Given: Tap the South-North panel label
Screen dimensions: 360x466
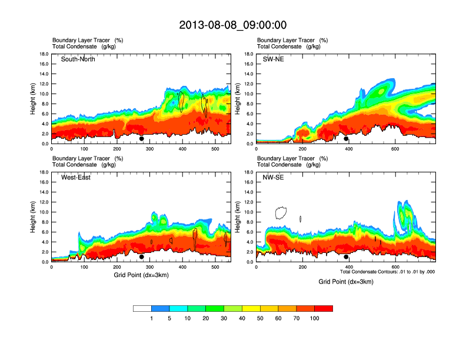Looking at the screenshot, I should click(x=79, y=59).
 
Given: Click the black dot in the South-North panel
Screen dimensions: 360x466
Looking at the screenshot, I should click(x=142, y=139).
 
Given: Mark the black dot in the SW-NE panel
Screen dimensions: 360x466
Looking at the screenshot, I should click(x=346, y=139).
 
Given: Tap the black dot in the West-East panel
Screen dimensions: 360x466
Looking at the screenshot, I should click(x=142, y=257).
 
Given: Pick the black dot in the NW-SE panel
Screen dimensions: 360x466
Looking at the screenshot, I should click(x=346, y=257).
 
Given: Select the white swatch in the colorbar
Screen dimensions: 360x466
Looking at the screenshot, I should click(x=142, y=308).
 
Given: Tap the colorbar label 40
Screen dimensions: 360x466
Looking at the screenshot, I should click(x=242, y=318).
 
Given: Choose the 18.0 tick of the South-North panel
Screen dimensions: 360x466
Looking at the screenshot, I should click(x=44, y=54).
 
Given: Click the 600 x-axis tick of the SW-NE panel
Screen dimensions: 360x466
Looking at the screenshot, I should click(x=394, y=149).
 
